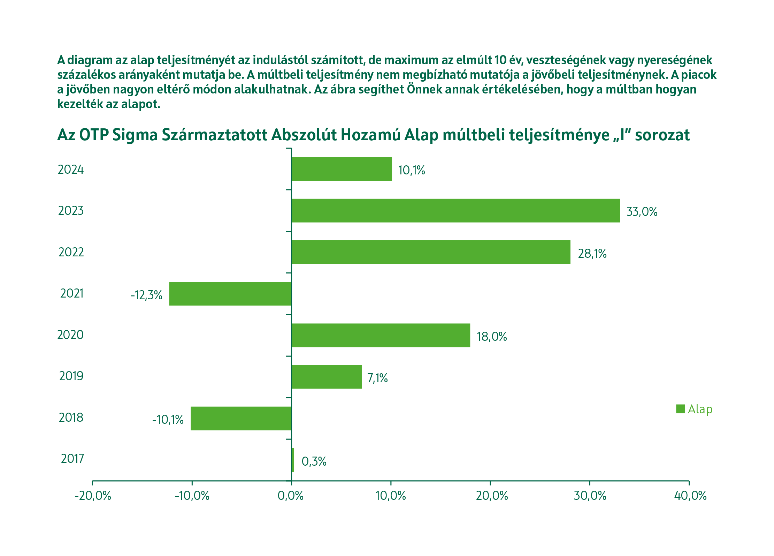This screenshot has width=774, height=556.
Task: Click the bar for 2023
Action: point(455,211)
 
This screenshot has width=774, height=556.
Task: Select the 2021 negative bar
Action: point(230,294)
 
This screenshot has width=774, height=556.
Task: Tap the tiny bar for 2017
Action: point(293,460)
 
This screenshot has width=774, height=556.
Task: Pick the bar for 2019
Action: point(327,377)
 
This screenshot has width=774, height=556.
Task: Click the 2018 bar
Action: point(241,418)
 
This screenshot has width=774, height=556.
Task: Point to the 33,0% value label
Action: point(642,212)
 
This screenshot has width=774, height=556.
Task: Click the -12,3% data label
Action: point(146,295)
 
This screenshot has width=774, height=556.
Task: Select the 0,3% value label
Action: point(314,461)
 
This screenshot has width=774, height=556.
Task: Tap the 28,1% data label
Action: point(592,254)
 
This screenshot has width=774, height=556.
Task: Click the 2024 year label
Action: point(71,170)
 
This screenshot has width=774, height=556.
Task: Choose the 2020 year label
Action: point(70,335)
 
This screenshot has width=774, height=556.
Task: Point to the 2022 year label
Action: point(71,252)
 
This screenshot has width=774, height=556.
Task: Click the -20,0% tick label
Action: point(93,496)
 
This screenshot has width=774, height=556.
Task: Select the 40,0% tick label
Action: point(690,496)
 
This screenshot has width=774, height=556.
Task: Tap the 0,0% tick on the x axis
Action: point(291,496)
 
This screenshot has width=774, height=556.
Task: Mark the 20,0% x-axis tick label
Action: point(492,496)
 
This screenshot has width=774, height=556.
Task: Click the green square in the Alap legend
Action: point(680,409)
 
